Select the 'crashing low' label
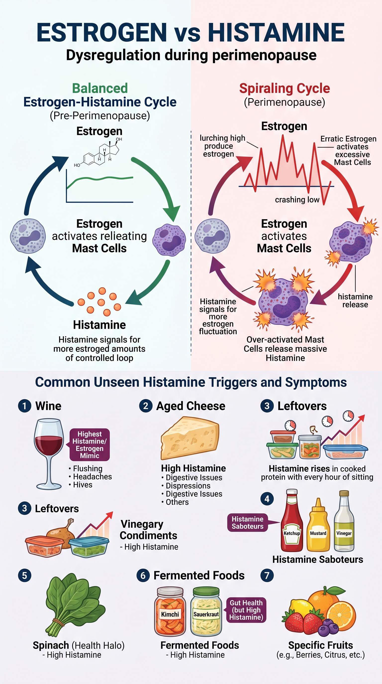(x=297, y=200)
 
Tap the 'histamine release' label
(x=355, y=300)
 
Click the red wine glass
(x=48, y=451)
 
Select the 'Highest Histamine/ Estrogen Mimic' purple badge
(x=90, y=444)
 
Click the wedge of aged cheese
(x=190, y=438)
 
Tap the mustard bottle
(x=318, y=527)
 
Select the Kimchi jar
(x=170, y=612)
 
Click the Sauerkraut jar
(x=206, y=612)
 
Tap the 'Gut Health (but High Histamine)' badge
(x=246, y=610)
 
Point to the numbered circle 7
(x=267, y=575)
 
